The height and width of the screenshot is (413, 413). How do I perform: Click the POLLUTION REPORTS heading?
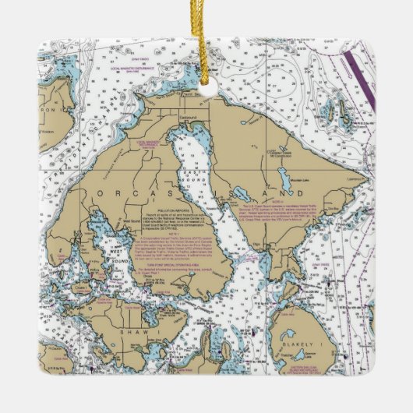[162, 210]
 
